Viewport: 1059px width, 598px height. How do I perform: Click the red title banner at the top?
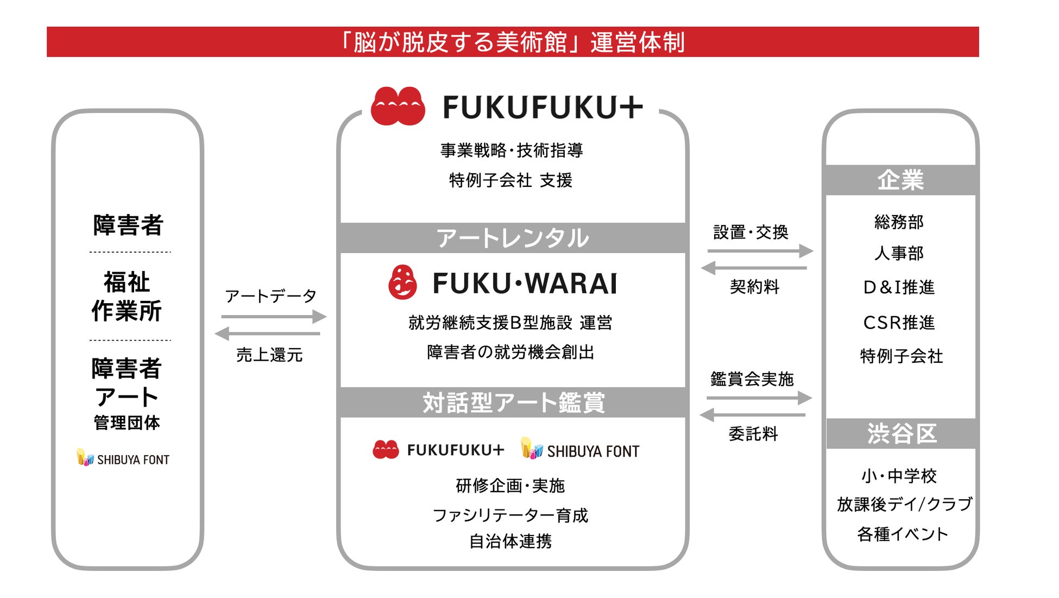513,42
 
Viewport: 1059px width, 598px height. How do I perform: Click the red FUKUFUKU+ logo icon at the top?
398,106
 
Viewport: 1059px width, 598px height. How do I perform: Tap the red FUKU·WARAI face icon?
402,282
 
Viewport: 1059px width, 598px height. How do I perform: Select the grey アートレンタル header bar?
513,238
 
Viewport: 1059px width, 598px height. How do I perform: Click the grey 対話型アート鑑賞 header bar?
513,402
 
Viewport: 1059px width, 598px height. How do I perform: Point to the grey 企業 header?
900,180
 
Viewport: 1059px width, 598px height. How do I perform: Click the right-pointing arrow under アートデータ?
273,317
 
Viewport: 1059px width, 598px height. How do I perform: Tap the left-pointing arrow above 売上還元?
268,333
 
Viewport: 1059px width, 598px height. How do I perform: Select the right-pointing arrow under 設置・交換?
760,251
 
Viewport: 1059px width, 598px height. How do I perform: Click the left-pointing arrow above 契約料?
754,268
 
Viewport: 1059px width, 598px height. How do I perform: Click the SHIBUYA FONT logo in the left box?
123,458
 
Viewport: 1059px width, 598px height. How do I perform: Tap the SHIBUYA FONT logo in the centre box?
580,450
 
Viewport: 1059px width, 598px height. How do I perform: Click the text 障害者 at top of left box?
128,225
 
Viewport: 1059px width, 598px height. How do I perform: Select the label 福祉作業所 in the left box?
127,297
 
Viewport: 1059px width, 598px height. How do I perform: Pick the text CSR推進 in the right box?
899,323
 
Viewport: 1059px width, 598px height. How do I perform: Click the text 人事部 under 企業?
899,253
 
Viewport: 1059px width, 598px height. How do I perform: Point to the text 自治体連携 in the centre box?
510,541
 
